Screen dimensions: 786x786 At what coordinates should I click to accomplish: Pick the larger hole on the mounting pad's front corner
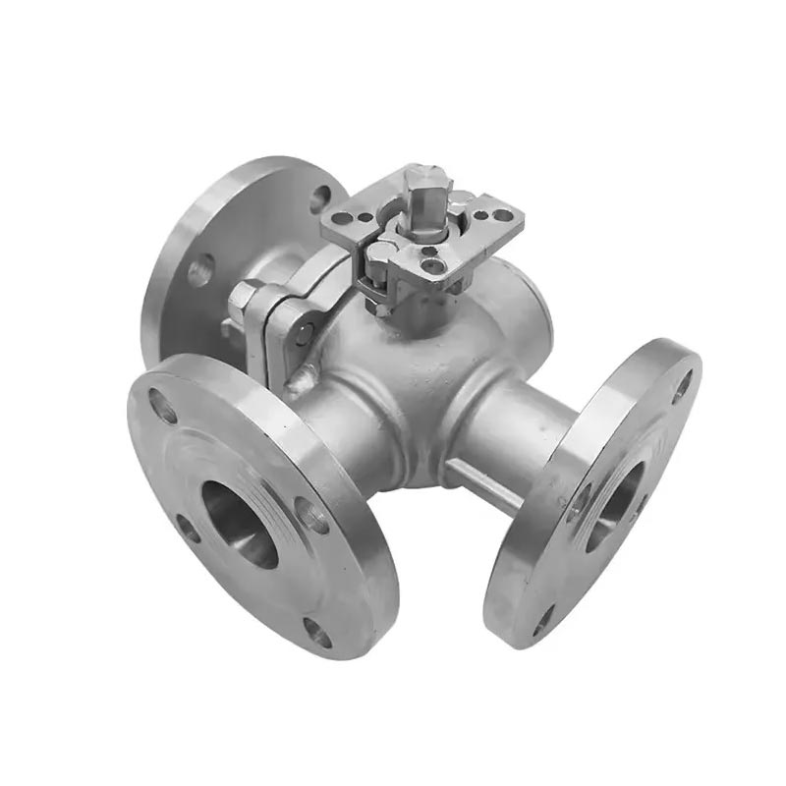433,263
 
